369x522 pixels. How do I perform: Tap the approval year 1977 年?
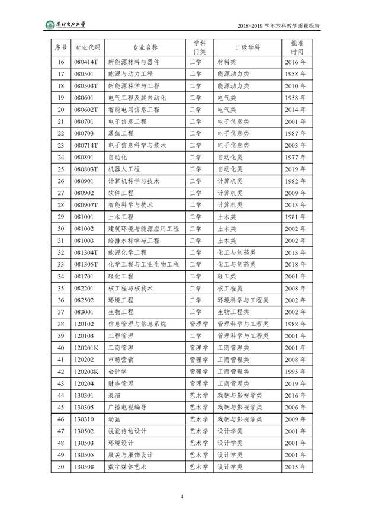point(294,157)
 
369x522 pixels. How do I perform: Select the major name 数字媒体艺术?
point(127,467)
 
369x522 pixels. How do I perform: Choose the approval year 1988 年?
point(294,324)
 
